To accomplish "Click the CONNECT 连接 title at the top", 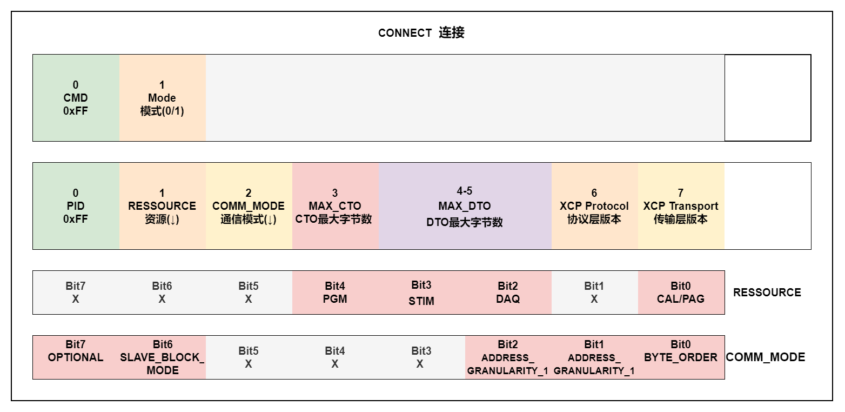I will (421, 33).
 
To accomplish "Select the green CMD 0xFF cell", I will (76, 98).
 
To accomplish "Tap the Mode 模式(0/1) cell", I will (162, 98).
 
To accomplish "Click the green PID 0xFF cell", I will (76, 206).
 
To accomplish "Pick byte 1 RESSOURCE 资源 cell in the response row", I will (162, 206).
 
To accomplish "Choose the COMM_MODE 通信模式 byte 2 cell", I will (249, 206).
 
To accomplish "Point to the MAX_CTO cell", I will (335, 206).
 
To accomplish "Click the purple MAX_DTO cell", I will (465, 206).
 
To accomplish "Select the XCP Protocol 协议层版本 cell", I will (594, 206).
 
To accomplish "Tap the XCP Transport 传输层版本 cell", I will (681, 206).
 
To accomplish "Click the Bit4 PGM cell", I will (335, 293).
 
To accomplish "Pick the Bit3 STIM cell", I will (421, 293).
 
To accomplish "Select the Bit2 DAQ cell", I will (508, 293).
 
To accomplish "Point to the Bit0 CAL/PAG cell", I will (681, 293).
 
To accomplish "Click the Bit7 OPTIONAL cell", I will (76, 357).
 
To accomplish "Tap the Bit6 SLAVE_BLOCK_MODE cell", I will (162, 357).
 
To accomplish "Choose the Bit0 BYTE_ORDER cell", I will (681, 357).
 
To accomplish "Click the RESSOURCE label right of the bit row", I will (767, 293).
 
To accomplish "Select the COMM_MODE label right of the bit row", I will (766, 357).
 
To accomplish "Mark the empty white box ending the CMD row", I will (767, 98).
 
